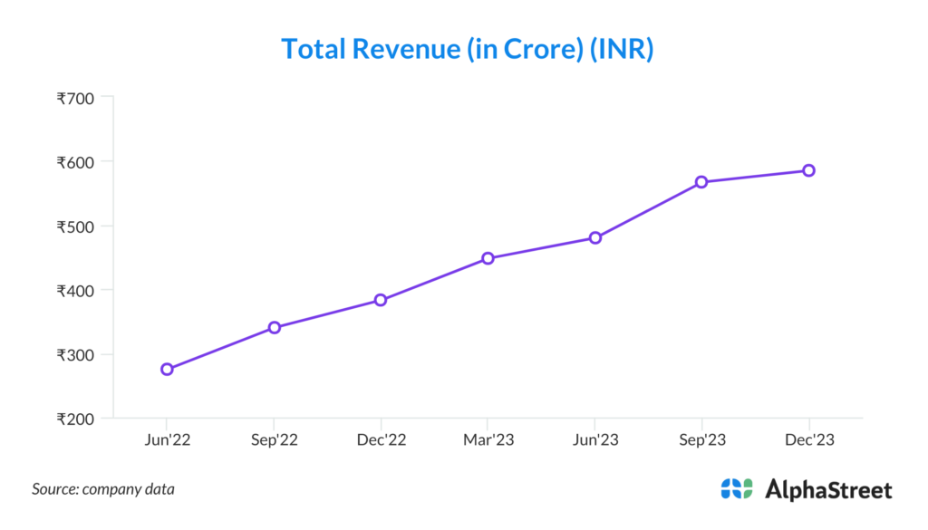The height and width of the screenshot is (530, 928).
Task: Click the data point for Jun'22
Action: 167,369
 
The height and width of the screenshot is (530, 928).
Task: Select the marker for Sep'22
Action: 274,327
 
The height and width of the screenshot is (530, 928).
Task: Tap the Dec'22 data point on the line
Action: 381,300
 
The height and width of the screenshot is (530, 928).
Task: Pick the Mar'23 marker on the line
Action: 488,258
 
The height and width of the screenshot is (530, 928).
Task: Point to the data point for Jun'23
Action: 595,237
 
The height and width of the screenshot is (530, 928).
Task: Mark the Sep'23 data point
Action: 701,182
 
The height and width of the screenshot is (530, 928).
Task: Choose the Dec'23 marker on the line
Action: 808,170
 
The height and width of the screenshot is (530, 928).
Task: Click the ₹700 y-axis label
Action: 75,98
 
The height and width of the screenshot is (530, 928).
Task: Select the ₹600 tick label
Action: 75,162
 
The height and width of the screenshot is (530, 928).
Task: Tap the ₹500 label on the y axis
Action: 75,226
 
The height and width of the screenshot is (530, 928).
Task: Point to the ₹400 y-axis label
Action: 75,291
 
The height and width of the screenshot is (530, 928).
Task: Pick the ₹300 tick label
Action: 75,355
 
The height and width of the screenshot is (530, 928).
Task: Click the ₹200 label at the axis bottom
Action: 75,419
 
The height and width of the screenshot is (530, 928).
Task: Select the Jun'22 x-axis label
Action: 167,439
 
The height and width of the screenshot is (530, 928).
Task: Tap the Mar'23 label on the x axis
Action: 488,439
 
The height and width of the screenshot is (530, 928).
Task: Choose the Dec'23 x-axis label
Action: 808,439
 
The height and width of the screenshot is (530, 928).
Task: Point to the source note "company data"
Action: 128,489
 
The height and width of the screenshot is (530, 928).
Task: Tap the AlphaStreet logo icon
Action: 737,489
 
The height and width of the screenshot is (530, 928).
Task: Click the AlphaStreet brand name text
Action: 828,490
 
